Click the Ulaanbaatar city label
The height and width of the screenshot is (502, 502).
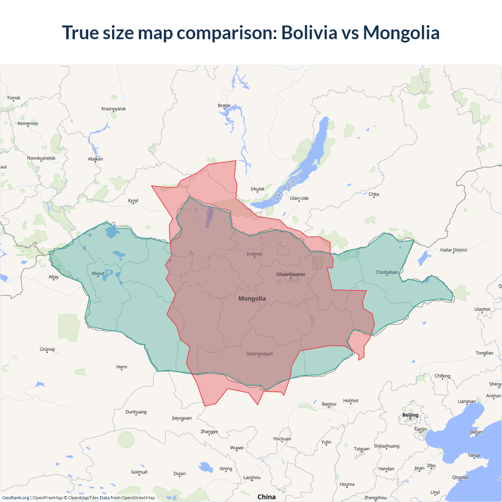(291, 274)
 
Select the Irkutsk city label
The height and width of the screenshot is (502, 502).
(257, 189)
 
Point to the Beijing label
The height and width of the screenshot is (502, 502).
(410, 415)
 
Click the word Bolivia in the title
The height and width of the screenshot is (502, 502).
(309, 33)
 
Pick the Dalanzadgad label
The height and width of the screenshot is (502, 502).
(259, 354)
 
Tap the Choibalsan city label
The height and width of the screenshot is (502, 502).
(387, 272)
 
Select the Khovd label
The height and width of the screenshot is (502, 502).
(98, 273)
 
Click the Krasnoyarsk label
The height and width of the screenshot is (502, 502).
(113, 109)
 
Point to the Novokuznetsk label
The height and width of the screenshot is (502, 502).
(41, 158)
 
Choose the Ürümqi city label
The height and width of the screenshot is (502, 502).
(47, 349)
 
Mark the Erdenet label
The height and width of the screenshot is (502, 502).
(255, 254)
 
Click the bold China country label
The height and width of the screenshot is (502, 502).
(266, 497)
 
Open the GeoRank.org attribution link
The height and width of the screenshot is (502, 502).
(16, 498)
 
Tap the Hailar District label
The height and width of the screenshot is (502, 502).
(453, 250)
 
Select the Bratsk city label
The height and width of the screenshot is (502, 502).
(224, 105)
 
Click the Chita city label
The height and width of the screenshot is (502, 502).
(374, 194)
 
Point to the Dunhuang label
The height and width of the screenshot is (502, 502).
(136, 412)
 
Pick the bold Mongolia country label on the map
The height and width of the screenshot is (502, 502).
(252, 298)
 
